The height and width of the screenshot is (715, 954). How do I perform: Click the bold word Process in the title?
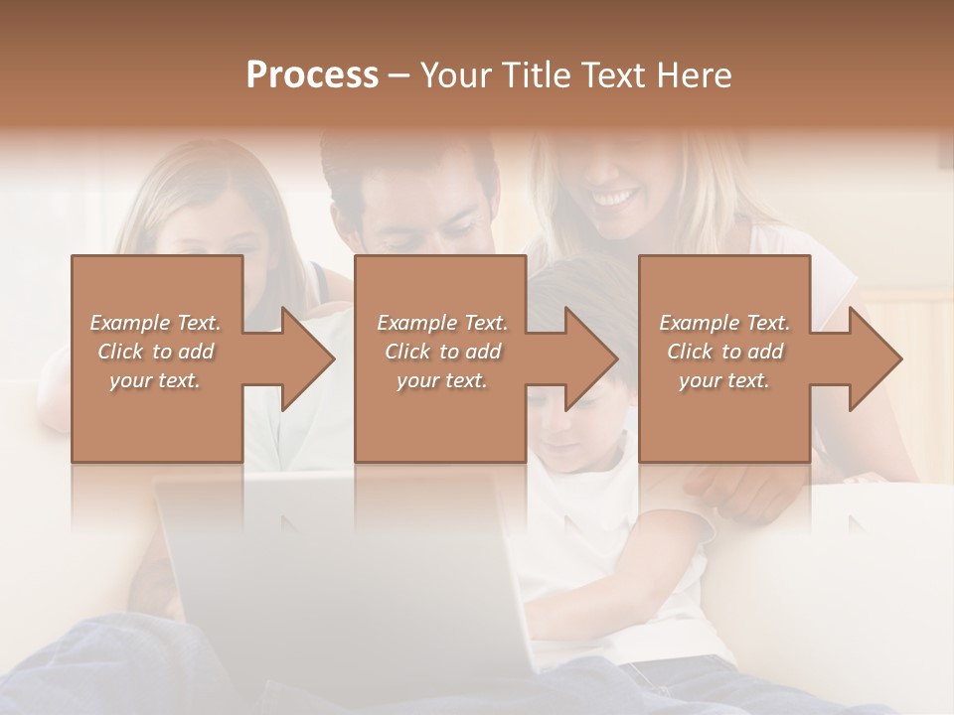312,75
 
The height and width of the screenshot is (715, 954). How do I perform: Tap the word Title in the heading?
535,75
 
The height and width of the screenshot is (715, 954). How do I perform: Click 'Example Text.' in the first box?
156,323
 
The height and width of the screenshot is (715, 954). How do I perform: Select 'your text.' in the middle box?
441,380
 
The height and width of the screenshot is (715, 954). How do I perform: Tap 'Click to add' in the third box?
725,352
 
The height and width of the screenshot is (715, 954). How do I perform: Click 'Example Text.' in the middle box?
441,323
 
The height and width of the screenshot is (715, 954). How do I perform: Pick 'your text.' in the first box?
156,380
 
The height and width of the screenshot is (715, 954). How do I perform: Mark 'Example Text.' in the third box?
725,323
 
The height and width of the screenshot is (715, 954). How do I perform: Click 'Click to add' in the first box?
156,352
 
